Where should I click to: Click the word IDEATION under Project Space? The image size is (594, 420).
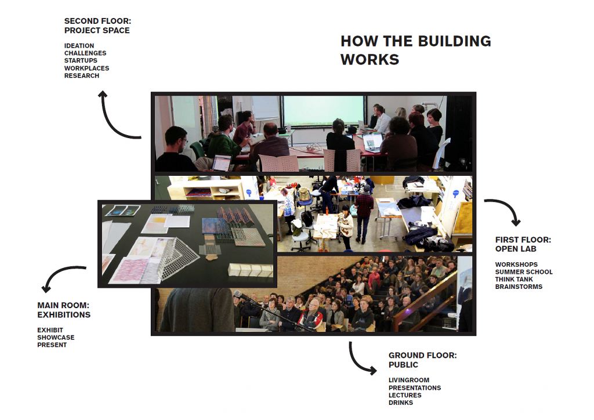point(79,46)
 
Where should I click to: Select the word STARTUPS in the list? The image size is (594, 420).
point(81,60)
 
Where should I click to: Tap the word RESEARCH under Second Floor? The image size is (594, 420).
point(81,76)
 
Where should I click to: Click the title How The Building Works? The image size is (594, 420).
point(415,50)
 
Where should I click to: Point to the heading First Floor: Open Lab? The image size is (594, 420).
point(523,244)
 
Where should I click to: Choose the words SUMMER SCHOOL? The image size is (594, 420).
point(524,272)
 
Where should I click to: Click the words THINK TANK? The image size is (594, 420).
point(514,279)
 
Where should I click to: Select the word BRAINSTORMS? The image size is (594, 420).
point(519,287)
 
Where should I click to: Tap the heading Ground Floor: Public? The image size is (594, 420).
point(422,360)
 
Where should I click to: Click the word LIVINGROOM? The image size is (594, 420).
point(409,380)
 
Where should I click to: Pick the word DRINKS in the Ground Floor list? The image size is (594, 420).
point(400,403)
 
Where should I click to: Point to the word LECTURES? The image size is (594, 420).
point(404,395)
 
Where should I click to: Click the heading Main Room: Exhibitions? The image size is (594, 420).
point(64,310)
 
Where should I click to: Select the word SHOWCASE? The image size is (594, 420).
point(56,338)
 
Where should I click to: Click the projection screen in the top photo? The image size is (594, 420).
point(323,111)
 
